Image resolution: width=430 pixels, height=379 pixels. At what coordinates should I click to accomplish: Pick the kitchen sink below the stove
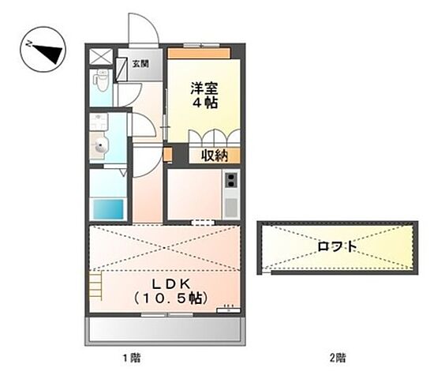(x=230, y=208)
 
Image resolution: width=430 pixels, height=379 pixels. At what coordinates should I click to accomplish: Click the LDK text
(x=166, y=283)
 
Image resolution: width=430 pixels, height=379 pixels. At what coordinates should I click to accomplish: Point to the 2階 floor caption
(x=338, y=358)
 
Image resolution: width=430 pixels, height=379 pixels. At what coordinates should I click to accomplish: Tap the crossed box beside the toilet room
(x=101, y=57)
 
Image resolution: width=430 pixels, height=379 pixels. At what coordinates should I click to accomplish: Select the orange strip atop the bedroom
(x=197, y=54)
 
